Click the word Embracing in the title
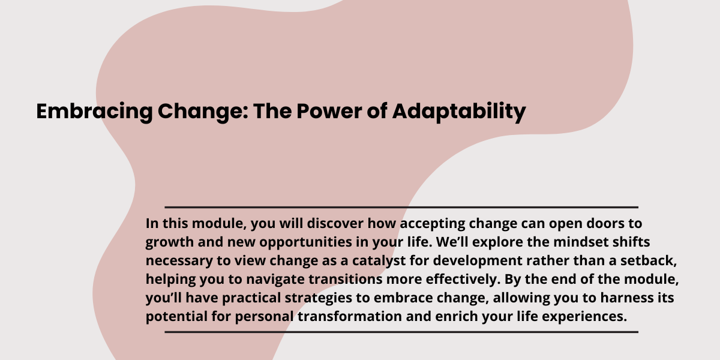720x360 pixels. (95, 112)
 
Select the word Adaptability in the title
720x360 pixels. (459, 112)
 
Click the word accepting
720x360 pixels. (433, 224)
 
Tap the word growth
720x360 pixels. (170, 242)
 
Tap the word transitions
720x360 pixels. (346, 279)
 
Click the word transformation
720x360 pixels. (350, 316)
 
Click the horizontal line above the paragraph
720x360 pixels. (401, 208)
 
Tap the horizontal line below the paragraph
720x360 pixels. (401, 332)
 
